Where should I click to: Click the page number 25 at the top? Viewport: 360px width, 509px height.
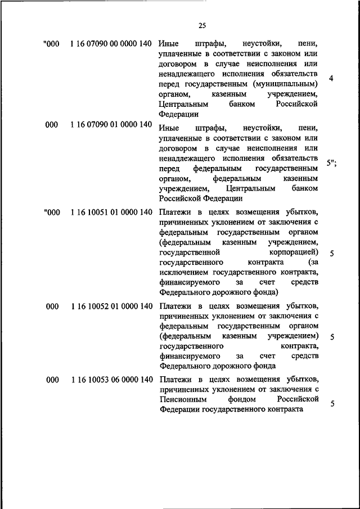coord(202,24)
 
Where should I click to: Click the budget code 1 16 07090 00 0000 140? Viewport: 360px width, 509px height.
coord(111,43)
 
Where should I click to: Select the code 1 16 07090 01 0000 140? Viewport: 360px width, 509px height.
coord(111,124)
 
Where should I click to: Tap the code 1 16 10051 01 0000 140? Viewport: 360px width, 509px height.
coord(111,212)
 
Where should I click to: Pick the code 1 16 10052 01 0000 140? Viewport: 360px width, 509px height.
coord(111,307)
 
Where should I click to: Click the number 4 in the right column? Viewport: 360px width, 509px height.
coord(332,79)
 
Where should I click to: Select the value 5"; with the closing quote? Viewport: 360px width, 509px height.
coord(331,163)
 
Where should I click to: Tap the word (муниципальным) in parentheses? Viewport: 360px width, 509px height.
coord(287,84)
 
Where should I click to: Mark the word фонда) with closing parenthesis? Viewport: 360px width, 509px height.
coord(266,293)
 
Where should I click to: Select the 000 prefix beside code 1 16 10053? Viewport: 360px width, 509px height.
coord(52,381)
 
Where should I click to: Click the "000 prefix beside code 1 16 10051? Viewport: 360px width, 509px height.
coord(51,212)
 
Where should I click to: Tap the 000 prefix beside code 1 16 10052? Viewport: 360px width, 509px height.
coord(52,307)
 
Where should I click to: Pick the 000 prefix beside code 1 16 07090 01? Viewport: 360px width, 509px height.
coord(52,124)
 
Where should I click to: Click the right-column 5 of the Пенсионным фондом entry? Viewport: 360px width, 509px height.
coord(332,404)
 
